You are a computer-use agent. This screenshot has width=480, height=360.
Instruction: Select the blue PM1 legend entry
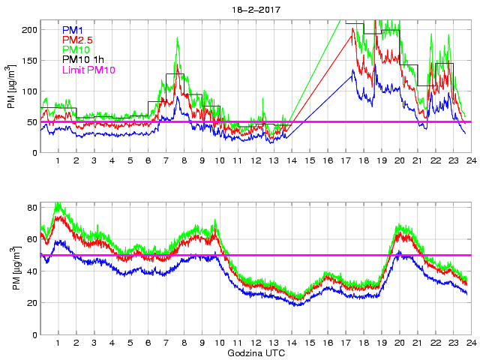[72, 30]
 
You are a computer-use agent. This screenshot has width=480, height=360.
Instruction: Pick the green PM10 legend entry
[75, 49]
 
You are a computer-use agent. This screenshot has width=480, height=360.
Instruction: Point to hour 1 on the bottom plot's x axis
[58, 343]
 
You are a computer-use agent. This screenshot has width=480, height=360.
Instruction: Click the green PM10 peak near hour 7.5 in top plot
[177, 37]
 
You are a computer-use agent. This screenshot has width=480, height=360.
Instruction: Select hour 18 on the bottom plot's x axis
[363, 343]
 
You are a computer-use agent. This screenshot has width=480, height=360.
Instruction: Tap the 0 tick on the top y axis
[33, 152]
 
